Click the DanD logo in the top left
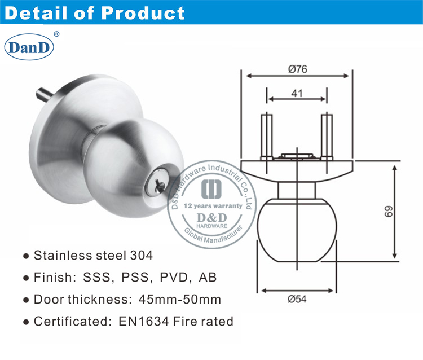(x=29, y=47)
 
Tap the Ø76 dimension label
(x=297, y=69)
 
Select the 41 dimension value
(x=297, y=93)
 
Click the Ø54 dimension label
(x=297, y=300)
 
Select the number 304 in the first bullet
(x=141, y=256)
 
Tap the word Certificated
(x=69, y=322)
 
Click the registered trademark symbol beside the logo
(x=56, y=34)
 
